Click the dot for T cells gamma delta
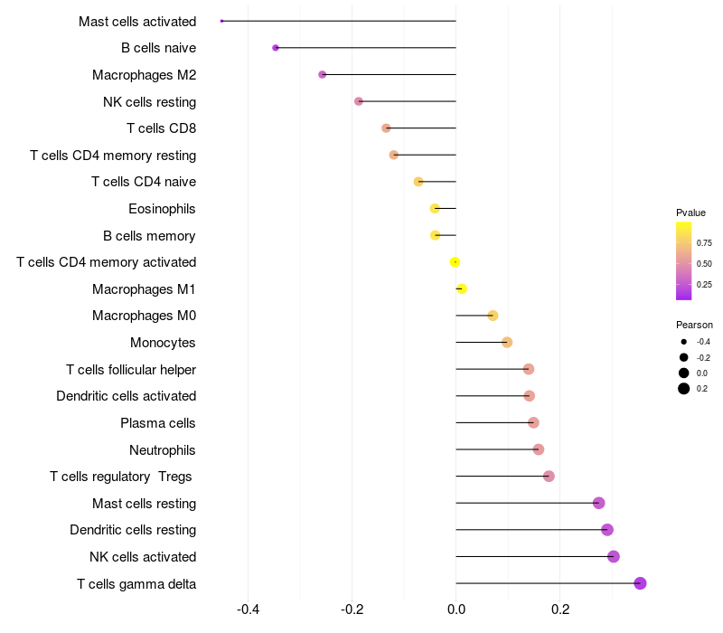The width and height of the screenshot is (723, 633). pos(640,583)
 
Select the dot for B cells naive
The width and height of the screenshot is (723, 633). pos(276,48)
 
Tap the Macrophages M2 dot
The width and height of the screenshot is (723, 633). pos(323,74)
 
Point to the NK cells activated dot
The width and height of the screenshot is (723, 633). pos(614,556)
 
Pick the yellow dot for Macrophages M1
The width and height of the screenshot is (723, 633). pos(462,288)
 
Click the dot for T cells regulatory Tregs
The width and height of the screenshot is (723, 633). pos(549,477)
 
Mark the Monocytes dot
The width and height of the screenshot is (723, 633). pos(507,342)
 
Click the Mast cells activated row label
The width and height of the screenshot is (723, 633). pos(137,21)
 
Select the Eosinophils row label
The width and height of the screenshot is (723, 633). pos(162,209)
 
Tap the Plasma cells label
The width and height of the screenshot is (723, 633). pos(158,423)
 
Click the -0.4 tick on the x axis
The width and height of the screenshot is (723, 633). pos(249,609)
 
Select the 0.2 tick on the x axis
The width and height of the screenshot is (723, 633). pos(560,609)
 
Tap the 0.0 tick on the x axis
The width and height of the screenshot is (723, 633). pos(456,609)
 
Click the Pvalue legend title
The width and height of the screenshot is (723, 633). pos(690,213)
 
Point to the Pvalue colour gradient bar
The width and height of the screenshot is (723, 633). pos(684,260)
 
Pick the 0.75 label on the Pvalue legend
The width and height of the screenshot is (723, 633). pos(704,242)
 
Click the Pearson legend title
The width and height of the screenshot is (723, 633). pos(694,325)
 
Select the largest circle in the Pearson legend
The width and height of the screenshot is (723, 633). pos(684,389)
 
